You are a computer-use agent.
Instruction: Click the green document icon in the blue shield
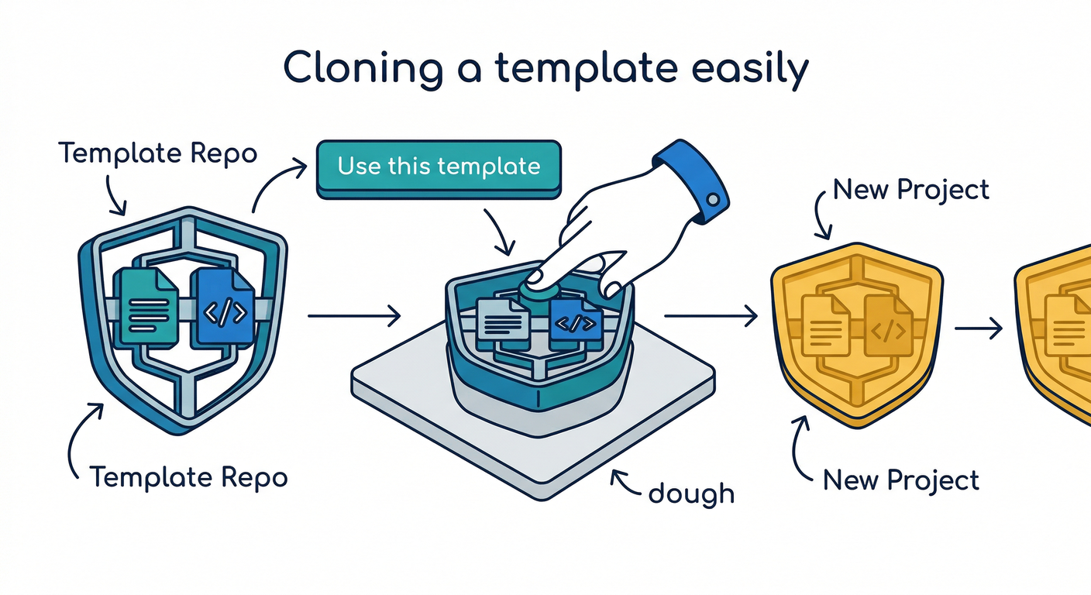[146, 301]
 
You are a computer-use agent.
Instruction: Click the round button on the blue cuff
[713, 201]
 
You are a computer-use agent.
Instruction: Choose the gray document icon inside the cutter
[503, 319]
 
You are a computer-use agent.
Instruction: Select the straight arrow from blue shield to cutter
[353, 315]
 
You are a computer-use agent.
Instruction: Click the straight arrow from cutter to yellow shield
[710, 315]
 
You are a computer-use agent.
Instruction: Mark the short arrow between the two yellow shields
[978, 328]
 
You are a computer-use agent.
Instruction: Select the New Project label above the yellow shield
[910, 190]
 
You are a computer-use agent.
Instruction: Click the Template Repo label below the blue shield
[188, 476]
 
